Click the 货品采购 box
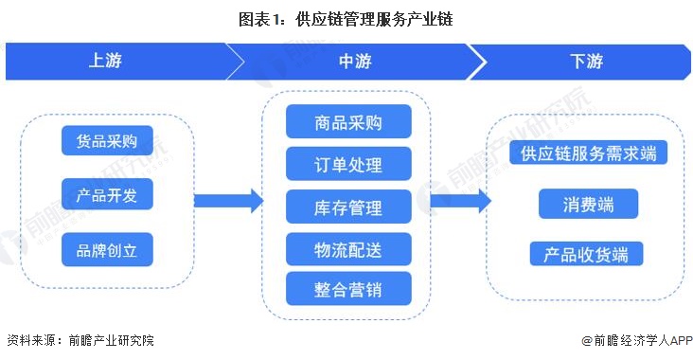coord(107,142)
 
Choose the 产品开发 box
coord(107,196)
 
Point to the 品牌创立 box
coord(107,250)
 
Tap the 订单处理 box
coord(348,164)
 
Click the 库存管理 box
coord(348,207)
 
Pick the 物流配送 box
coord(348,249)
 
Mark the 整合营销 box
coord(348,288)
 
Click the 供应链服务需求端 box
coord(588,153)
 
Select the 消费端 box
coord(588,204)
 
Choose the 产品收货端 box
coord(587,254)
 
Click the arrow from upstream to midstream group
coord(227,200)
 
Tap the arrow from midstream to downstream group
coord(460,200)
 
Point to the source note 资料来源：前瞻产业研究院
coord(80,340)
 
